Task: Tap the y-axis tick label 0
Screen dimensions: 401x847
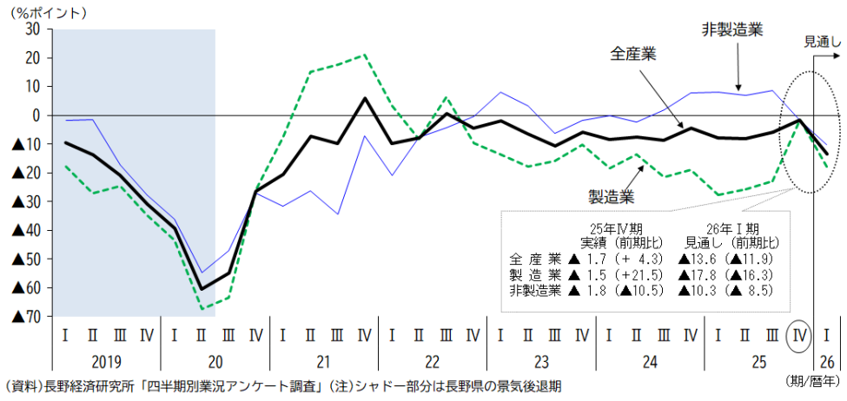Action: pos(36,115)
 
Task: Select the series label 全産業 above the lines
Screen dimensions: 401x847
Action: pos(633,54)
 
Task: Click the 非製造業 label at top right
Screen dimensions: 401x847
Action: pos(732,30)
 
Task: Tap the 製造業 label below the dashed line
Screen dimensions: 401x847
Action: pos(599,197)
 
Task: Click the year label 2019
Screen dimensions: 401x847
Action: pos(106,360)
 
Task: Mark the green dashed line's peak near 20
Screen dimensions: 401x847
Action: pos(364,55)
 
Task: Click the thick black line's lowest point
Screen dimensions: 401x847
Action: pos(202,289)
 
